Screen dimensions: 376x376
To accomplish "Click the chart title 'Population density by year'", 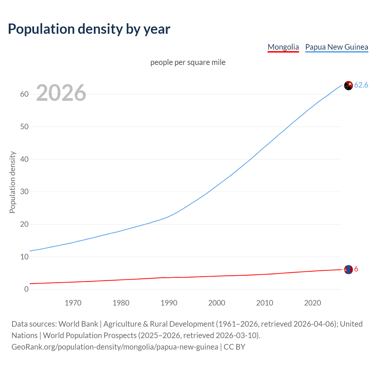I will [x=89, y=29].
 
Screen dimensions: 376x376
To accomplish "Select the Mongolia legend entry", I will [x=283, y=47].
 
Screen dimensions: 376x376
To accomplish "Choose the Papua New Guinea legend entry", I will [x=337, y=47].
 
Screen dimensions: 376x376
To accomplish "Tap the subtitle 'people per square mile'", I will [x=188, y=62].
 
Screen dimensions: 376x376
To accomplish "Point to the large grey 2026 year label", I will [x=61, y=93].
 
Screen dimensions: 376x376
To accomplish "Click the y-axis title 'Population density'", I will [x=12, y=182].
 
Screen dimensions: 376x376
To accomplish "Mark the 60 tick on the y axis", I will [x=24, y=94].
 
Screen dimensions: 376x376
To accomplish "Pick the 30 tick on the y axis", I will [x=24, y=192].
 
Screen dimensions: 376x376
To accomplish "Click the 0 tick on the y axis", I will [x=26, y=289].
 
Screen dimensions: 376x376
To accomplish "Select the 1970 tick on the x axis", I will [x=73, y=303].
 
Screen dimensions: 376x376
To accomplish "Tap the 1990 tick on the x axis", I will [x=169, y=303].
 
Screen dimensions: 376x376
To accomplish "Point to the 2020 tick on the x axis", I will [x=313, y=303].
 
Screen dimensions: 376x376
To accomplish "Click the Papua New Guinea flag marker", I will [x=348, y=85].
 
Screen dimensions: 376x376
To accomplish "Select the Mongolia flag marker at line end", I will [x=348, y=269].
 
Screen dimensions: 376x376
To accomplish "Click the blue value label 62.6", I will [x=361, y=85].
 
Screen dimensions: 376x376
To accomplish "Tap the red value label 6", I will [x=356, y=269].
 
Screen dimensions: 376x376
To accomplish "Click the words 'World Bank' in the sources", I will [x=78, y=324].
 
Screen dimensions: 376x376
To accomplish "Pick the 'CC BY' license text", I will [x=234, y=347].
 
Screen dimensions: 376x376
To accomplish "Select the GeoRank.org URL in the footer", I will [x=115, y=347].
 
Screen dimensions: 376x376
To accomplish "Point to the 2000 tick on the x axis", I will [x=217, y=303].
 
